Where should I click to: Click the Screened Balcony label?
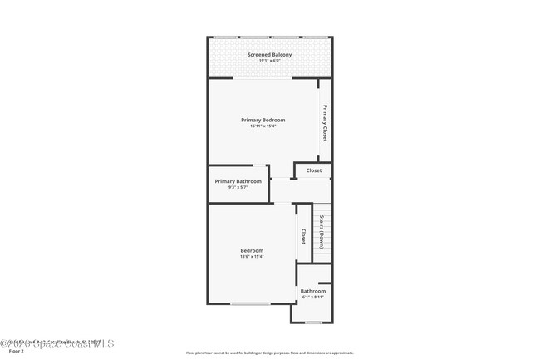click(x=269, y=55)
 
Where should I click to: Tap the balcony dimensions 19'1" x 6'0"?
click(x=269, y=61)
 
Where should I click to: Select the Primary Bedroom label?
click(x=263, y=120)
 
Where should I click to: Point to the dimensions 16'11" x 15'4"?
click(x=263, y=126)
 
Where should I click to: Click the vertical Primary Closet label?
click(x=325, y=123)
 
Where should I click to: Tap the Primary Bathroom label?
click(x=238, y=181)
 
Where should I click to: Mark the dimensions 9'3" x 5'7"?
click(x=238, y=187)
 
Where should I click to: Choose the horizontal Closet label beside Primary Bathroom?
click(x=313, y=170)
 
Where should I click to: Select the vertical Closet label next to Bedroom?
click(x=303, y=237)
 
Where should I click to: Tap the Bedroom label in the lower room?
click(x=252, y=250)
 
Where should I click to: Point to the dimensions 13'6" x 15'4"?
click(x=252, y=257)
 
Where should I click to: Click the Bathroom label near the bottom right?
click(x=312, y=291)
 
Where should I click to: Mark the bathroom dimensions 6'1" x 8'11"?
click(x=312, y=297)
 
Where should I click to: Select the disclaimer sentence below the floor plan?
click(x=269, y=353)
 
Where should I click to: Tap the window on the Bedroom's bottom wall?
click(x=249, y=303)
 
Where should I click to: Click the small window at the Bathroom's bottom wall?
click(x=312, y=322)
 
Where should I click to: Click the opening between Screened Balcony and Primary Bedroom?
click(x=262, y=79)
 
